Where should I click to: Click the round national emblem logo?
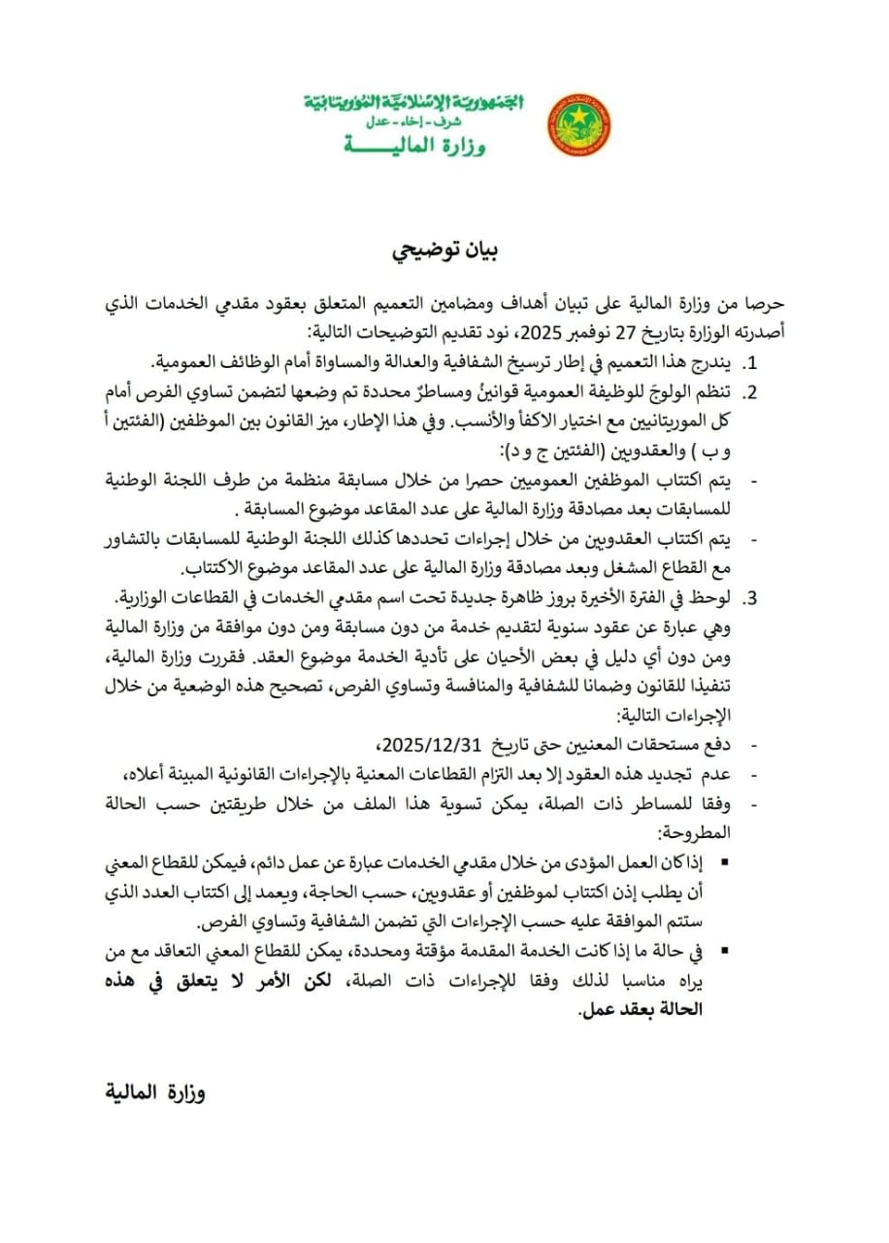pos(579,124)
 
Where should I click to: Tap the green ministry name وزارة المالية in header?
pos(414,146)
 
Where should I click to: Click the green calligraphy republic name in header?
pos(413,102)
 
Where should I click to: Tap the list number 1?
pos(749,363)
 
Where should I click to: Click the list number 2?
pos(749,391)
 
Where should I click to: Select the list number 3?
pos(749,594)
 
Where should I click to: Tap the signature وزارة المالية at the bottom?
pos(154,1091)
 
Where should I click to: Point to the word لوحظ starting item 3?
pos(716,594)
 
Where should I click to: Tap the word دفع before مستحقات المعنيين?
pos(719,744)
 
